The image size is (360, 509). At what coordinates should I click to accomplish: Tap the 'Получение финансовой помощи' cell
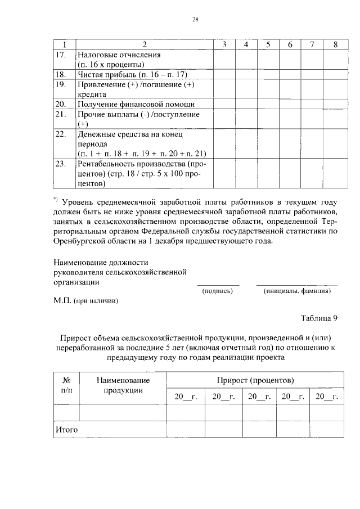pos(137,104)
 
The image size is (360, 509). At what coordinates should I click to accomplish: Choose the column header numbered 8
pos(335,44)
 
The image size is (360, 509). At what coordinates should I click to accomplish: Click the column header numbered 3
pos(224,44)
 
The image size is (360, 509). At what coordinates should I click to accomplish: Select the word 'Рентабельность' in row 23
pos(107,164)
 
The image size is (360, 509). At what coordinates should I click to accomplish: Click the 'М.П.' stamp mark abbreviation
pos(61,301)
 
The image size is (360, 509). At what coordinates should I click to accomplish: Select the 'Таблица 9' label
pos(318,318)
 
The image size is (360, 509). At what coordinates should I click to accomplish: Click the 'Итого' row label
pos(66,430)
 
